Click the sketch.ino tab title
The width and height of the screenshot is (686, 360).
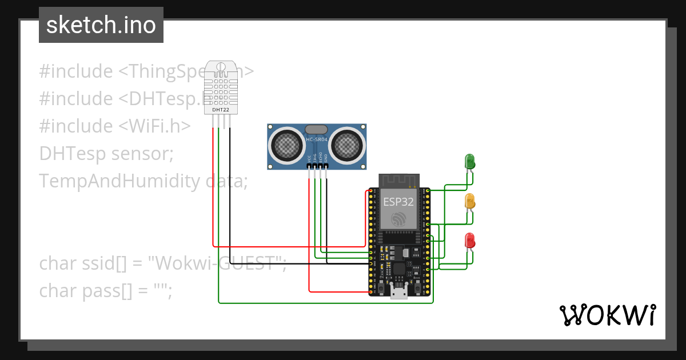tap(101, 25)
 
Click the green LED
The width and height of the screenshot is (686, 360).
tap(470, 161)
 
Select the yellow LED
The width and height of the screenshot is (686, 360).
tap(470, 201)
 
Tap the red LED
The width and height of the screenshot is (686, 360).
tap(470, 240)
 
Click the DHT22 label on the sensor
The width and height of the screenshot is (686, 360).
tap(221, 109)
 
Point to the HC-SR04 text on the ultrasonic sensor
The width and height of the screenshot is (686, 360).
tap(316, 140)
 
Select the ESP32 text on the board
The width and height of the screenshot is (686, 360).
tap(398, 201)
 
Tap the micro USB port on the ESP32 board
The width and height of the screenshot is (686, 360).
tap(398, 293)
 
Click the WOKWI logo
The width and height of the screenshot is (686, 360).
tap(607, 315)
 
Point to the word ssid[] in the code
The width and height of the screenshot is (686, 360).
tap(106, 263)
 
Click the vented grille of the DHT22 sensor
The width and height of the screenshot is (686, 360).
tap(221, 89)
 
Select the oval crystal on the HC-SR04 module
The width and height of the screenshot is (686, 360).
tap(316, 130)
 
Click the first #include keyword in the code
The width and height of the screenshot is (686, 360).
tap(76, 71)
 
